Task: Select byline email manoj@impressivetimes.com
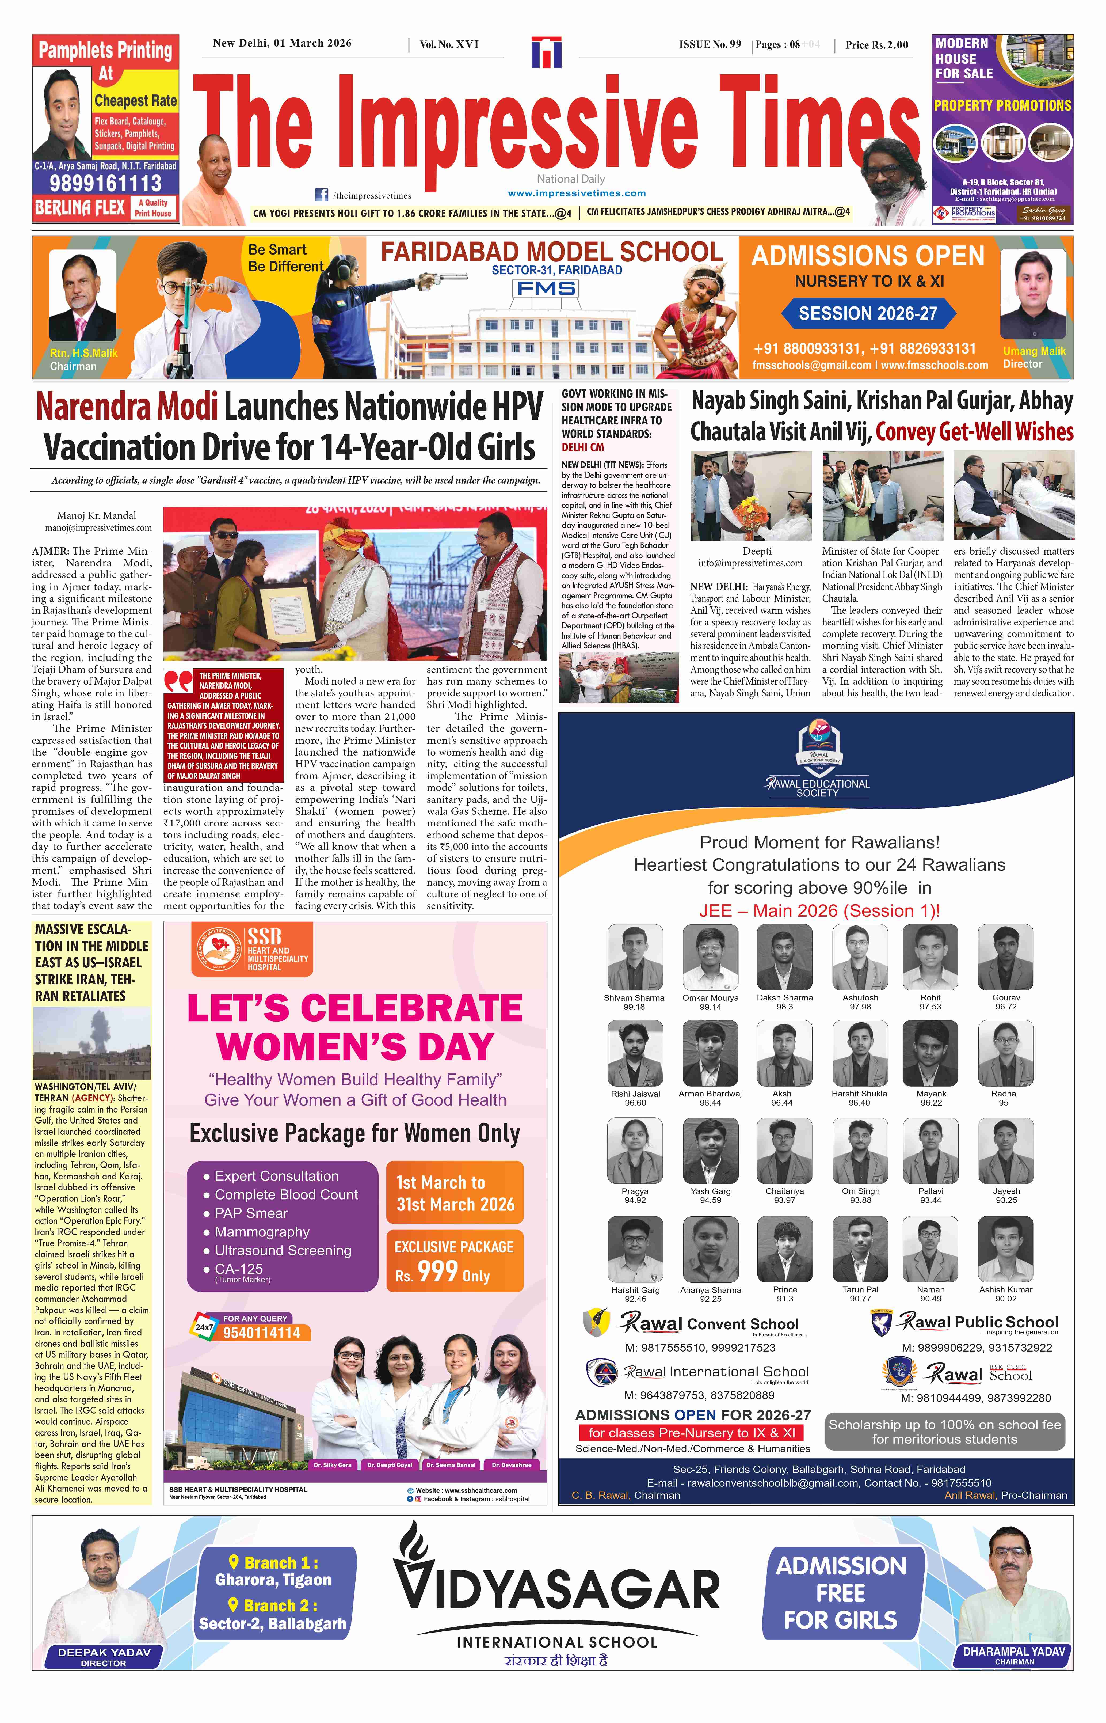98,528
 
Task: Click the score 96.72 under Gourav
1005,1007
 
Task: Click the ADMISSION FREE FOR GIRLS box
840,1592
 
